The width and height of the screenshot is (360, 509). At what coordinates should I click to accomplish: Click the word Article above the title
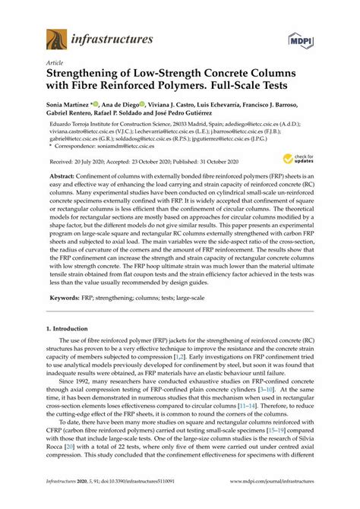(56, 64)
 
